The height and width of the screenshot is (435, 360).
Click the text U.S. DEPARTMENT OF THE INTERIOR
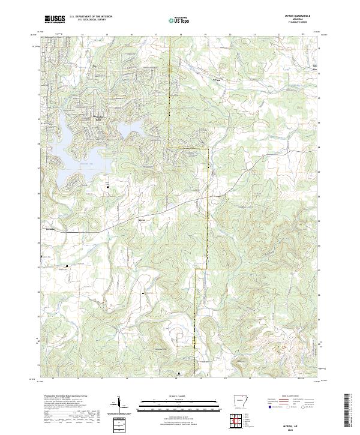(x=89, y=17)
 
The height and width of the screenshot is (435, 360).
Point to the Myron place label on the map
(x=142, y=220)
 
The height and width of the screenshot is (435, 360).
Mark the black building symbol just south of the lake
(x=107, y=188)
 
